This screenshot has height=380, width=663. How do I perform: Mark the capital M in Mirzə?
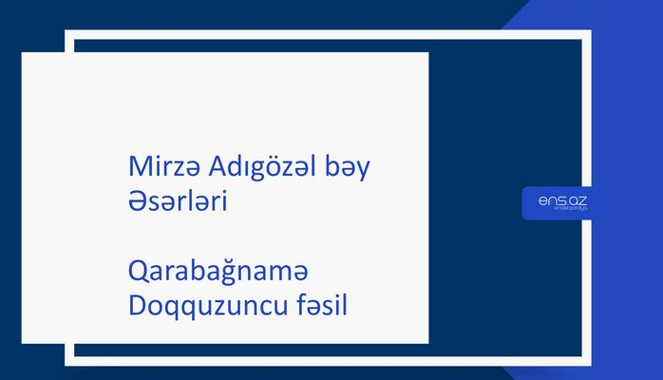pos(138,169)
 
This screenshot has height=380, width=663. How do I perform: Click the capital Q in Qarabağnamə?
pos(137,275)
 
